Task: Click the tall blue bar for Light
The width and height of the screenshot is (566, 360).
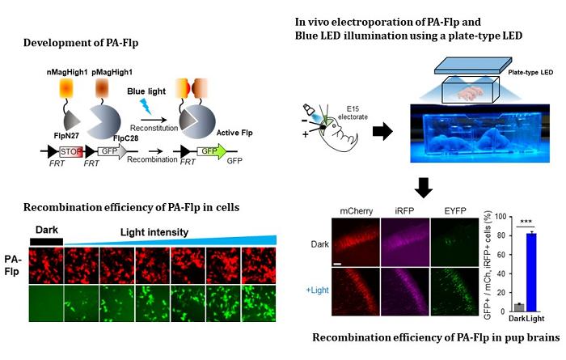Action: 508,259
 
